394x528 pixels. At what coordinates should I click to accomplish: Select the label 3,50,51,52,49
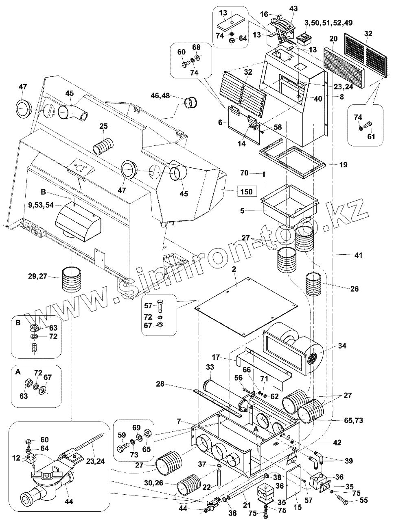(x=342, y=23)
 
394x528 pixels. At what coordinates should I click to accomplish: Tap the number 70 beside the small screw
(x=244, y=173)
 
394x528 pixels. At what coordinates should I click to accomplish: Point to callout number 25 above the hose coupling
(x=103, y=127)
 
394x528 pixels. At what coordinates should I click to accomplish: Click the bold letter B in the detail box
(x=18, y=323)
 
